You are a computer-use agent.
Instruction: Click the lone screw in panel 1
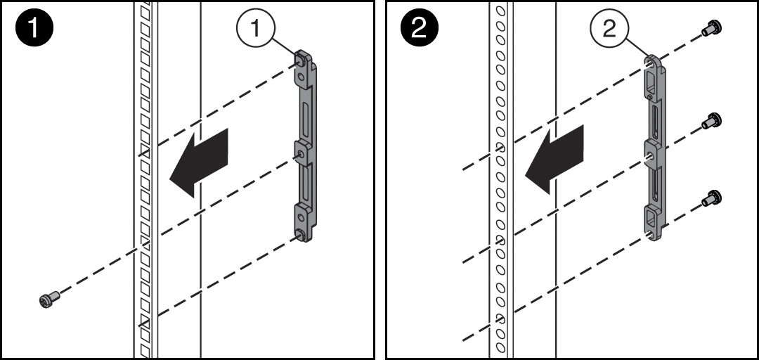(x=48, y=300)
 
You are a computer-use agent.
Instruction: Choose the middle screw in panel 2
(x=713, y=121)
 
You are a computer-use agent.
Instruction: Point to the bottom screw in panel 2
(x=711, y=199)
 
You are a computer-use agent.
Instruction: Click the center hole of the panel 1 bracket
(x=300, y=153)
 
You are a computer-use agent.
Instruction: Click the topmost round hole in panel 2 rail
(x=500, y=12)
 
